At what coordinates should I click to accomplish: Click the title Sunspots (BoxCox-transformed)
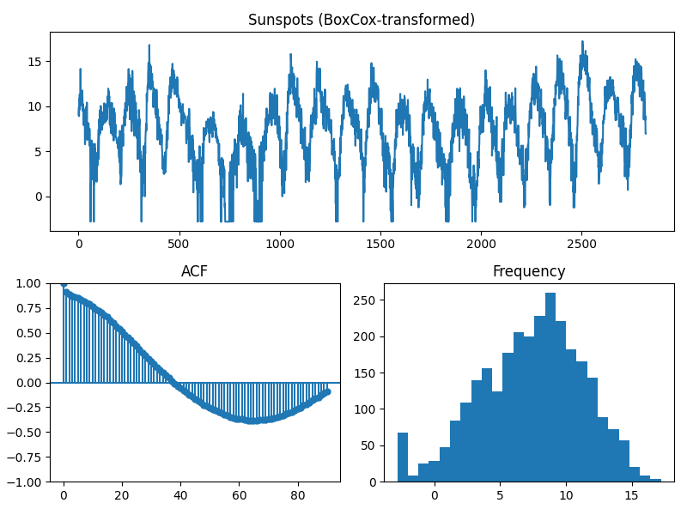point(361,20)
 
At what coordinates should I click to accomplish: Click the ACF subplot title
point(194,272)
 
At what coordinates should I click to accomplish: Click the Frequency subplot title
point(528,272)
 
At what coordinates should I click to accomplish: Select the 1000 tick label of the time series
point(279,243)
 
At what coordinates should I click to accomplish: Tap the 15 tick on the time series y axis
point(37,62)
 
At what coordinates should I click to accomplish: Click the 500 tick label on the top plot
point(179,243)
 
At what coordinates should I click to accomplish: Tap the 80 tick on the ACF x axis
point(297,495)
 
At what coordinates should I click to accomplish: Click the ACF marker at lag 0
point(64,284)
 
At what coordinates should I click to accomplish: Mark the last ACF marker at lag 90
point(327,391)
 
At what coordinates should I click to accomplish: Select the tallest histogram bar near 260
point(550,386)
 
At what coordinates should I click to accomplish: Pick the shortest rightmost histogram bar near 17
point(655,480)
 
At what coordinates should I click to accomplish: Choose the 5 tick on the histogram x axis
point(501,495)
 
